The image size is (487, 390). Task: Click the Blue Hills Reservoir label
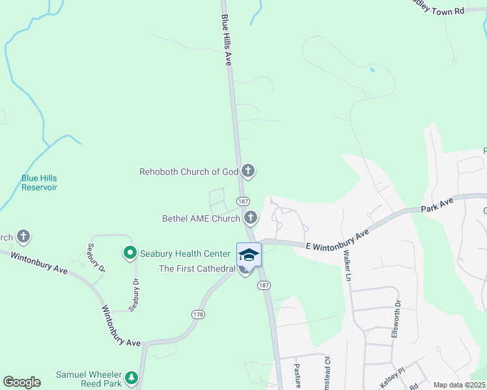pyautogui.click(x=39, y=182)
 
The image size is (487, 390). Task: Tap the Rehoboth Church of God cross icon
pyautogui.click(x=247, y=172)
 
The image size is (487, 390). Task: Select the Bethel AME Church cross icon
pyautogui.click(x=251, y=219)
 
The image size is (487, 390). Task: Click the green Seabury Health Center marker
pyautogui.click(x=130, y=252)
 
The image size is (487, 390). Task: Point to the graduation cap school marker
pyautogui.click(x=248, y=254)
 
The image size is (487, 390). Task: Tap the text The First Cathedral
pyautogui.click(x=197, y=268)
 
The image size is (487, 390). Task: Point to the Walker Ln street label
pyautogui.click(x=348, y=268)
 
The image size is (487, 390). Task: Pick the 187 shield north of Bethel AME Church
pyautogui.click(x=242, y=201)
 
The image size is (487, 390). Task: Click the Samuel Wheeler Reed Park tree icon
pyautogui.click(x=131, y=376)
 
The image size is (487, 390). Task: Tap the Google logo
pyautogui.click(x=21, y=382)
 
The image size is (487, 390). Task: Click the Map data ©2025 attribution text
pyautogui.click(x=459, y=385)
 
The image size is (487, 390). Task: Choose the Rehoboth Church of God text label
pyautogui.click(x=189, y=172)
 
